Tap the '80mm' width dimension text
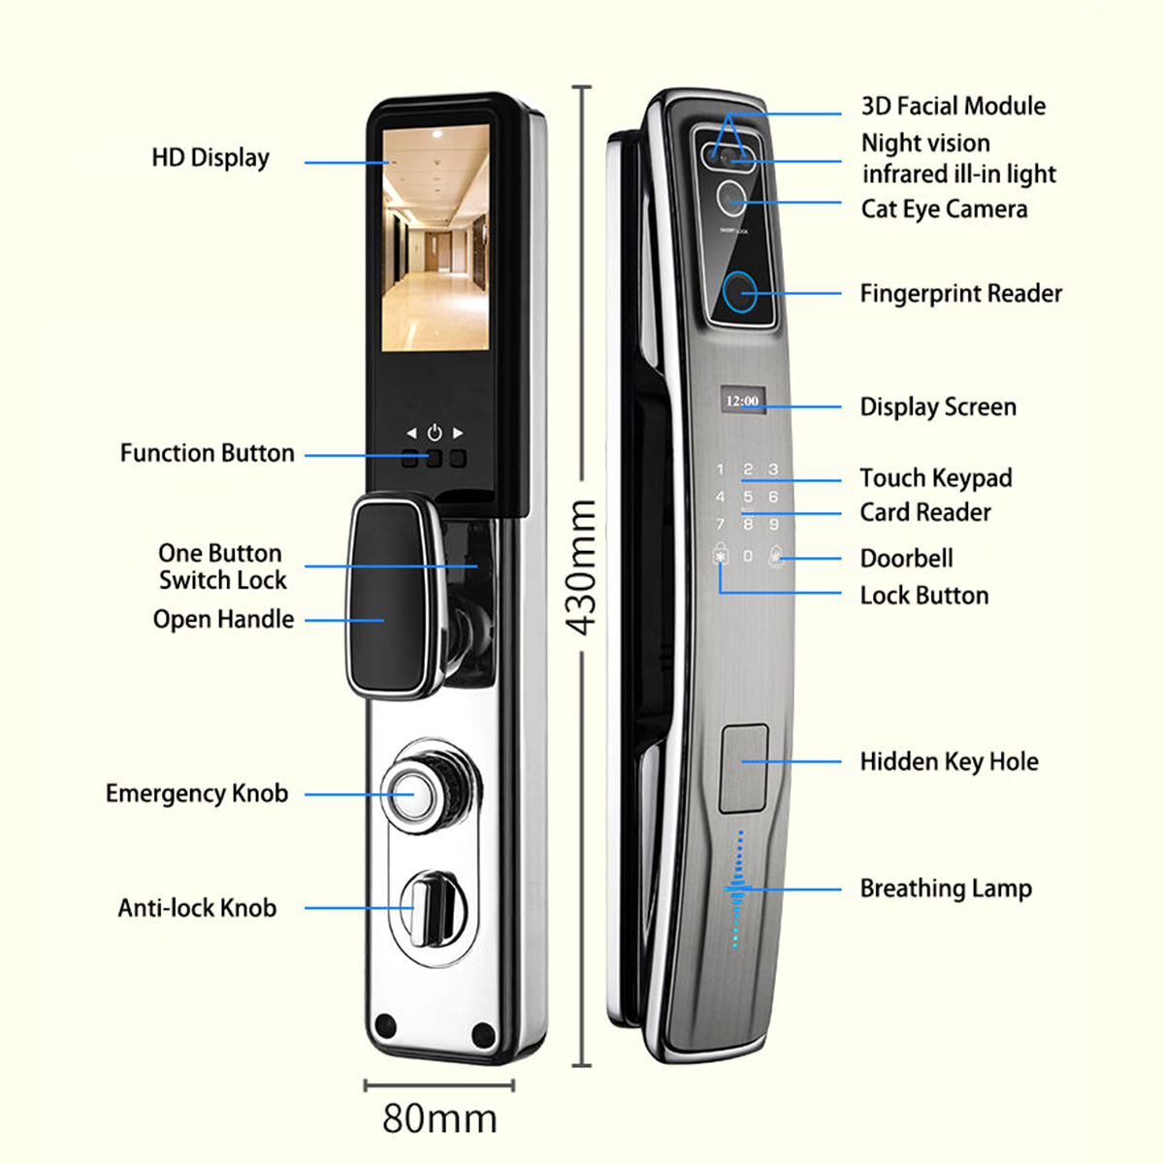click(439, 1117)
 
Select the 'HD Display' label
click(210, 158)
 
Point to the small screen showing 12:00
click(743, 400)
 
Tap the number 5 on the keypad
click(747, 497)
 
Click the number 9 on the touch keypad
click(773, 524)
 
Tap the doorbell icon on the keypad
click(776, 557)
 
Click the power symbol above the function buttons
click(434, 433)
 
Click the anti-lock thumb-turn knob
click(428, 907)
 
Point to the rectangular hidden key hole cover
click(744, 767)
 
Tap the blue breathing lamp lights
click(738, 889)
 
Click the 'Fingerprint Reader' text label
click(960, 293)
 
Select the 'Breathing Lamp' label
click(946, 889)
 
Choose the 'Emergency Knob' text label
click(197, 793)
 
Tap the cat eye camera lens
click(731, 198)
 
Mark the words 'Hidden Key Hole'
click(949, 761)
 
